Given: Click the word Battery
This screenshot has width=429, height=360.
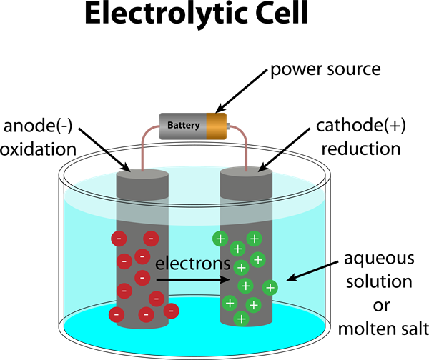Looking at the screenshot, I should (183, 126).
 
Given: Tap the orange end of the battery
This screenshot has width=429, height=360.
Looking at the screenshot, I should (216, 126).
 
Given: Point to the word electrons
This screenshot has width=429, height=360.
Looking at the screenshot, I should (193, 263).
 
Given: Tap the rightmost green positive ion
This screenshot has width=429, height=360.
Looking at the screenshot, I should (270, 287).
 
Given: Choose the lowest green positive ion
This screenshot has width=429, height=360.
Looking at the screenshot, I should (242, 319).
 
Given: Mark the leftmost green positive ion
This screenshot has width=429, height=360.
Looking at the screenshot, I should (220, 239).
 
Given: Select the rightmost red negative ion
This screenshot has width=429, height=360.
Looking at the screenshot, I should (171, 311).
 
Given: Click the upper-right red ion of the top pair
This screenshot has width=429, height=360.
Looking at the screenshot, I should (151, 239).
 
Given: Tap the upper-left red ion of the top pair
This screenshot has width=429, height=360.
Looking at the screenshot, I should (119, 239).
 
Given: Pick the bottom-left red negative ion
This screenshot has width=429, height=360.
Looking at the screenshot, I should (116, 314).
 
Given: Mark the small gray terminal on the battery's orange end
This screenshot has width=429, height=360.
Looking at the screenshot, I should (228, 126).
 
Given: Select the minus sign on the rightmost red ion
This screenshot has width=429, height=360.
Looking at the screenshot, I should (171, 311).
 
